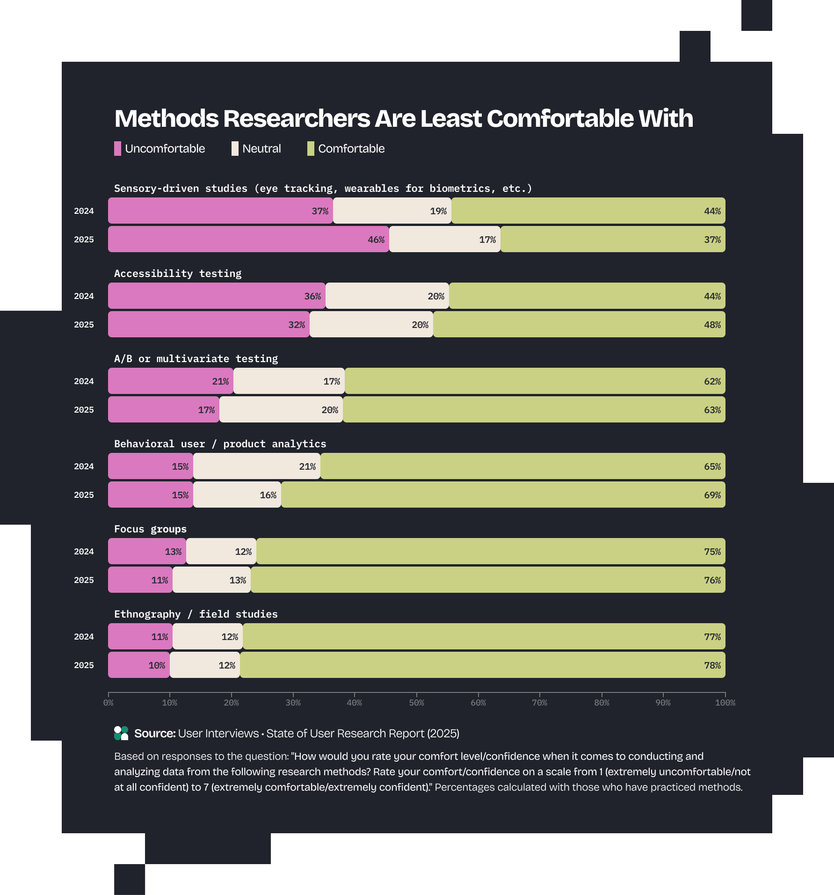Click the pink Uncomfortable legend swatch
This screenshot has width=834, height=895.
click(x=117, y=149)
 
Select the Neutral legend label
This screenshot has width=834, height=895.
click(x=261, y=149)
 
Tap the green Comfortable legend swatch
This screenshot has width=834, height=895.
click(x=311, y=149)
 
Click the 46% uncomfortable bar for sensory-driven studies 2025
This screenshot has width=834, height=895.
click(x=248, y=240)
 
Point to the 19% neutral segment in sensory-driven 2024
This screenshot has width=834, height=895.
click(x=392, y=211)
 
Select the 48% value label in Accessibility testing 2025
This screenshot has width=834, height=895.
click(x=712, y=325)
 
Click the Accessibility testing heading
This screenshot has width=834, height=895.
click(x=178, y=274)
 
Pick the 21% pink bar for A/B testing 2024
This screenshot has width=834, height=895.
click(x=171, y=381)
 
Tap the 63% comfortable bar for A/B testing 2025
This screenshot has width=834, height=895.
click(x=534, y=410)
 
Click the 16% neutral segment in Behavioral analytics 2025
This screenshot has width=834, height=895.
click(x=237, y=495)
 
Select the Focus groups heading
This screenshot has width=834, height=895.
click(x=150, y=529)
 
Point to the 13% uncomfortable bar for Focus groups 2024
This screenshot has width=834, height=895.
click(x=147, y=552)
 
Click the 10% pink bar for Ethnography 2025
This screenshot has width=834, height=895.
click(x=139, y=665)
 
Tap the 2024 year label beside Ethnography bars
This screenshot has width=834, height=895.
click(x=84, y=637)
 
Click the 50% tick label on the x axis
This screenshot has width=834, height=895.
click(x=416, y=703)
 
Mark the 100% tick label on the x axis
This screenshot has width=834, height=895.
click(x=725, y=703)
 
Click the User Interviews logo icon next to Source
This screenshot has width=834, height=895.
click(x=121, y=733)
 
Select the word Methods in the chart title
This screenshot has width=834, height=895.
click(x=167, y=119)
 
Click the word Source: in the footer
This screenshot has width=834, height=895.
click(x=155, y=734)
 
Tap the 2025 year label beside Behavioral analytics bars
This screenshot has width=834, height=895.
click(x=84, y=495)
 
